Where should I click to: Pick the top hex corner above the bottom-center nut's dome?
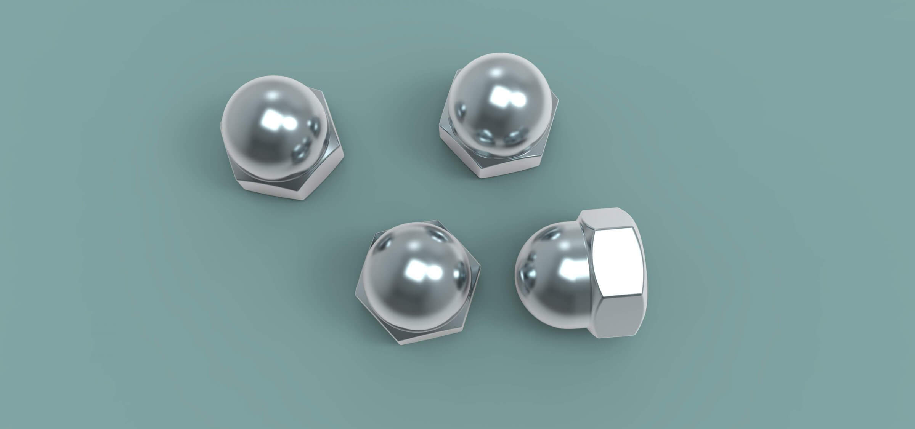click(431, 221)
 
